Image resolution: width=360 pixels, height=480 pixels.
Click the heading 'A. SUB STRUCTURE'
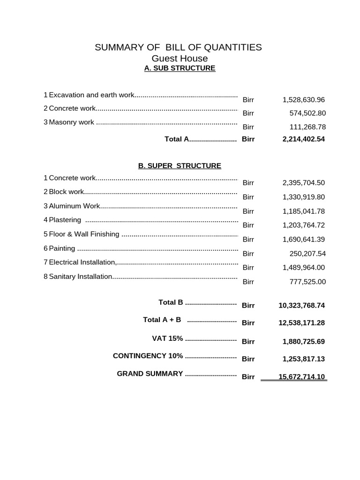pyautogui.click(x=180, y=68)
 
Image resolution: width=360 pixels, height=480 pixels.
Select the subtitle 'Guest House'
pyautogui.click(x=180, y=59)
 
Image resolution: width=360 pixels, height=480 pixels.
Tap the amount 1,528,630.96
pyautogui.click(x=303, y=100)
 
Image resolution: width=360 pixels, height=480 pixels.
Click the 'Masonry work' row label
pyautogui.click(x=72, y=122)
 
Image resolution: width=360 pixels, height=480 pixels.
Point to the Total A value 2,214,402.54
pyautogui.click(x=303, y=139)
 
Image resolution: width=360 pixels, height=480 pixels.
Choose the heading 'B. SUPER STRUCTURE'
pyautogui.click(x=180, y=166)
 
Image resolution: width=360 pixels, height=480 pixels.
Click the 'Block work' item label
pyautogui.click(x=67, y=192)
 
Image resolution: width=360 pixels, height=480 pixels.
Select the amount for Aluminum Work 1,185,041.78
pyautogui.click(x=303, y=211)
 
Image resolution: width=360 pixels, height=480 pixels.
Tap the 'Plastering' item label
pyautogui.click(x=65, y=220)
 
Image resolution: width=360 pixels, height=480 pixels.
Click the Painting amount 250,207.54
pyautogui.click(x=307, y=254)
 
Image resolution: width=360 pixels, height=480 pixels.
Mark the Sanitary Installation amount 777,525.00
pyautogui.click(x=307, y=282)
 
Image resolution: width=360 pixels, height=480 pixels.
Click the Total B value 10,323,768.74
pyautogui.click(x=301, y=306)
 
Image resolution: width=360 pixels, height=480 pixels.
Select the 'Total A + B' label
pyautogui.click(x=162, y=320)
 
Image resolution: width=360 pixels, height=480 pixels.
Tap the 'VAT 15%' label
pyautogui.click(x=167, y=338)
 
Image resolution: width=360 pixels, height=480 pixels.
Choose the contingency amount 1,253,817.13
pyautogui.click(x=303, y=359)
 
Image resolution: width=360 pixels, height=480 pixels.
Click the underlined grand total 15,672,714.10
pyautogui.click(x=301, y=377)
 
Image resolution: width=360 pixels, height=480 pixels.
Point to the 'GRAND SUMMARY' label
pyautogui.click(x=150, y=374)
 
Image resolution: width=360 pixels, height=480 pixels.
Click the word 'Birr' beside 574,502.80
pyautogui.click(x=248, y=113)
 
